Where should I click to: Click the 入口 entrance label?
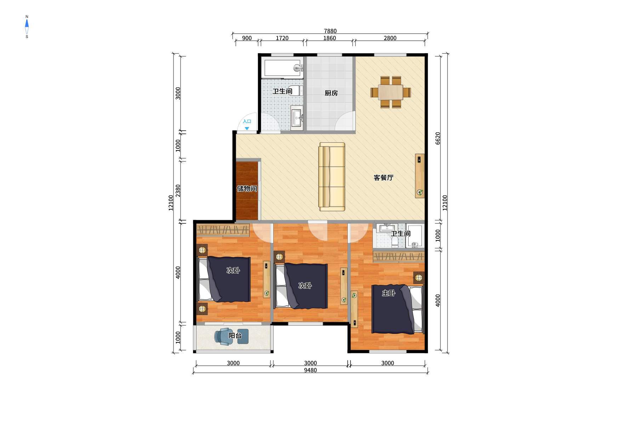[247, 121]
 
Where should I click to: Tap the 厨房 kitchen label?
[331, 93]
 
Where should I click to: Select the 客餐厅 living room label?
[383, 178]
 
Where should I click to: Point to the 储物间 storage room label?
[247, 189]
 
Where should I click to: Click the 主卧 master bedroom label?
[388, 293]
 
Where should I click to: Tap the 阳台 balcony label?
[235, 336]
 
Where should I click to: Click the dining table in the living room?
[391, 92]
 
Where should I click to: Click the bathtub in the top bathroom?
[283, 68]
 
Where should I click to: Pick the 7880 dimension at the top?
[330, 31]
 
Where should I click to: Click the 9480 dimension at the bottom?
[310, 370]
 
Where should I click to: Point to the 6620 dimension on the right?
[438, 138]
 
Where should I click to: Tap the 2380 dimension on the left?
[178, 191]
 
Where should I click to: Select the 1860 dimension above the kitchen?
[329, 38]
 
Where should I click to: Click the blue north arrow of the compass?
[27, 24]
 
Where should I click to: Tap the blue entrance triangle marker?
[247, 128]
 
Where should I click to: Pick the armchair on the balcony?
[223, 336]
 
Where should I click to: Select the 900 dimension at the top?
[247, 38]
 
